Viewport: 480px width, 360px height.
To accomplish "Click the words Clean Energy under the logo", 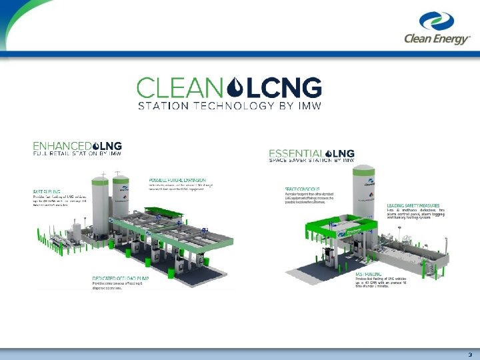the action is (437, 38).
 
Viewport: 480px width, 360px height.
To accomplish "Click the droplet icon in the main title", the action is (235, 87).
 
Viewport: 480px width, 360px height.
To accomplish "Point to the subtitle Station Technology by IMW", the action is (229, 105).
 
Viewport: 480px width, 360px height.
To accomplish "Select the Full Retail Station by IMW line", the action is (77, 153).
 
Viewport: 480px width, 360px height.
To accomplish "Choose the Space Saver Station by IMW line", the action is (311, 161).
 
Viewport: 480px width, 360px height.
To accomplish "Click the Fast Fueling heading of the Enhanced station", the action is (48, 193).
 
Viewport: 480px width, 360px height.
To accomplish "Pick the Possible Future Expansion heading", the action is (177, 181).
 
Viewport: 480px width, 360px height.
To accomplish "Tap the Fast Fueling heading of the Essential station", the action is (369, 274).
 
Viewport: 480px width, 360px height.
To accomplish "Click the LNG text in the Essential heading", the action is (344, 153).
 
